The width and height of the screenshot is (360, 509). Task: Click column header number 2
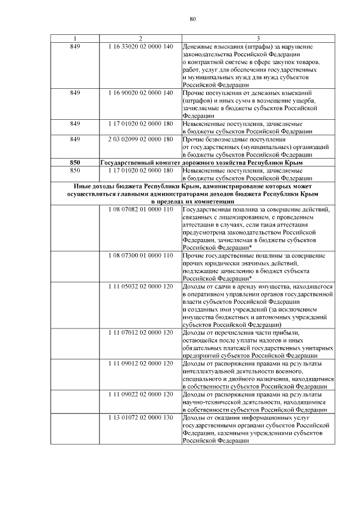[x=140, y=38]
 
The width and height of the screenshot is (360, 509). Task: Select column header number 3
[x=258, y=38]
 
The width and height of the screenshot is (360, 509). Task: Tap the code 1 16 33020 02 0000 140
[x=140, y=46]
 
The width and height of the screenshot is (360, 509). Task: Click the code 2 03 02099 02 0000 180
[x=140, y=139]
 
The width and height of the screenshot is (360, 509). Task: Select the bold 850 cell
[x=75, y=162]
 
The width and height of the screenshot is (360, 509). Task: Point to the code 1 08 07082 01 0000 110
[x=140, y=209]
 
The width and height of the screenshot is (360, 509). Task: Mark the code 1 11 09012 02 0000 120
[x=140, y=364]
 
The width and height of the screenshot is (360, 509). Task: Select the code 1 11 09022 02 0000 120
[x=140, y=395]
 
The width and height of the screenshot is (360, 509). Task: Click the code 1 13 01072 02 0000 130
[x=140, y=418]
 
